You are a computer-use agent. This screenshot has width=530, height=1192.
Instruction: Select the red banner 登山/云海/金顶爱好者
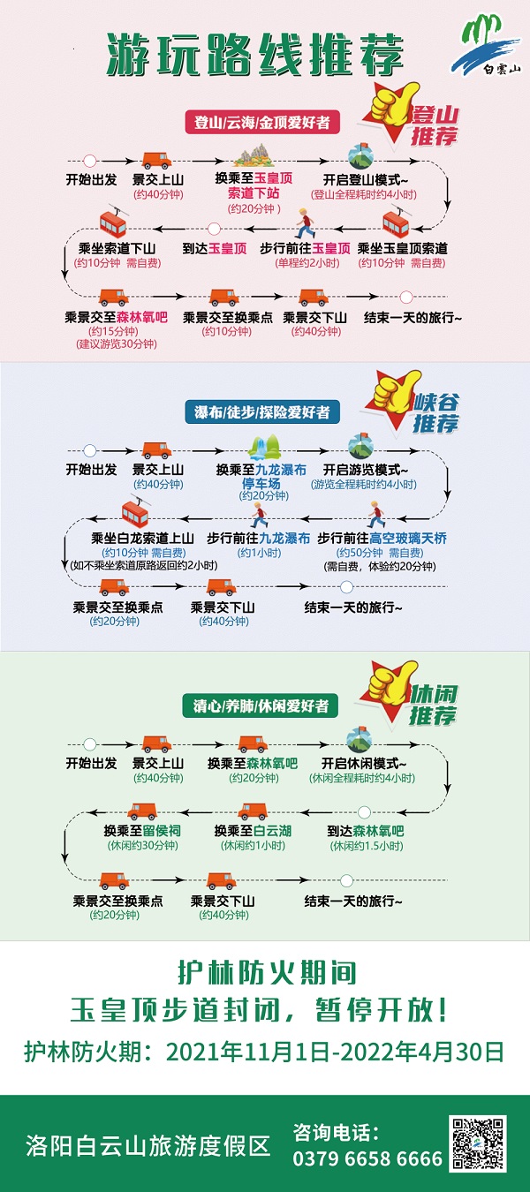pos(262,123)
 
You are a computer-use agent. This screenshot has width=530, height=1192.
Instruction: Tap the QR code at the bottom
pos(479,1143)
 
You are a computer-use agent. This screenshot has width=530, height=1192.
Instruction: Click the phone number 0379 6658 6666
pos(367,1158)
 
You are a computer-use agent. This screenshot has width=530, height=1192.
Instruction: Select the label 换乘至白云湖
pos(253,831)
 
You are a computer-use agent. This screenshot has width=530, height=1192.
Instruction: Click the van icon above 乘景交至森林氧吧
pos(113,298)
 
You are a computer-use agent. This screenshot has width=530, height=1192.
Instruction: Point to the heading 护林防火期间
pos(265,974)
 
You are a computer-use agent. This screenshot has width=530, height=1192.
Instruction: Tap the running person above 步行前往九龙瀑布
pos(258,516)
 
